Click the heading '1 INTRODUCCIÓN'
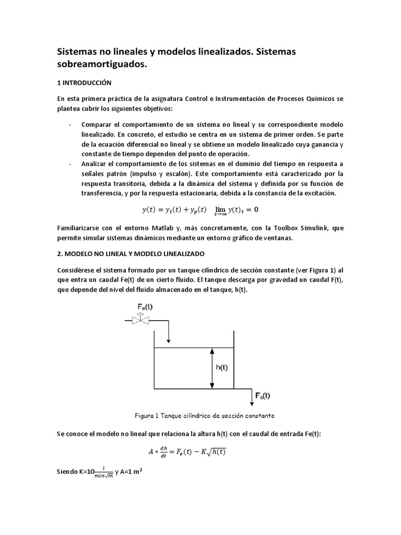84,83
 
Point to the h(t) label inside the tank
222,367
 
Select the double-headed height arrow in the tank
211,368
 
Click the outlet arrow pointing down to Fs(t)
249,396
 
